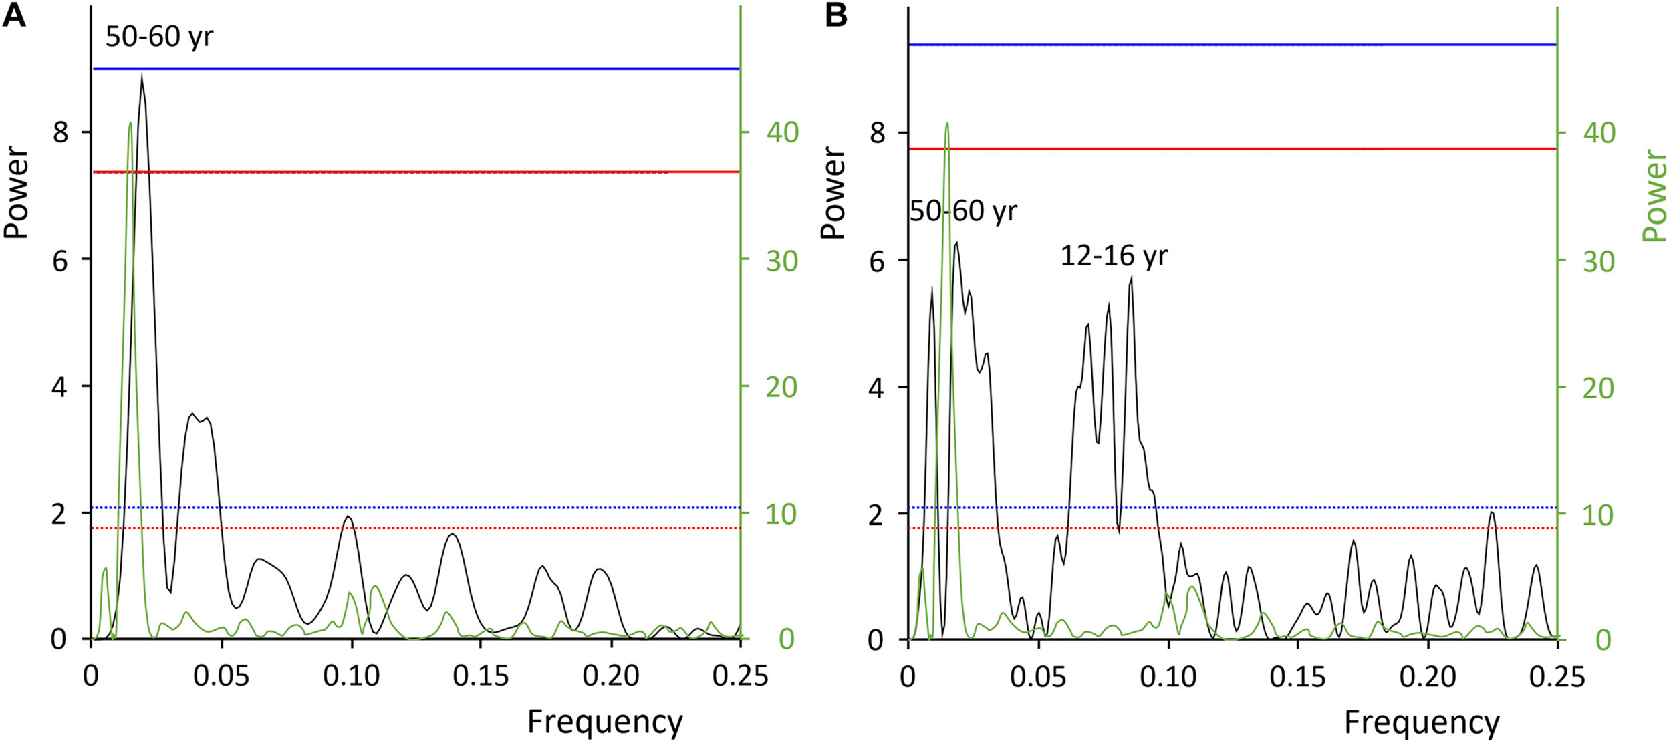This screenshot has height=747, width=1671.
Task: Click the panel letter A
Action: click(14, 15)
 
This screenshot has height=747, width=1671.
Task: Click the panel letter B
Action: click(837, 15)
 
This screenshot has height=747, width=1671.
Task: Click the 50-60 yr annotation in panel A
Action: click(159, 36)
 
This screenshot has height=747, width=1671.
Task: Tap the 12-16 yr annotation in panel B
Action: click(1114, 255)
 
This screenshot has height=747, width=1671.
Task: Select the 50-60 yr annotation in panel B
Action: click(963, 211)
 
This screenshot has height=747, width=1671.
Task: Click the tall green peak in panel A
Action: click(130, 124)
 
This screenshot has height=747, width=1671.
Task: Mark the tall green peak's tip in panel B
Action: click(946, 124)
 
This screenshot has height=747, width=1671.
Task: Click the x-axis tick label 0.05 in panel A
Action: click(221, 676)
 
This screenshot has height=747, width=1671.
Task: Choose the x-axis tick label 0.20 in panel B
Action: click(1428, 676)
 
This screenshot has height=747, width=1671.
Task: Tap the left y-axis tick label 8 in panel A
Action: click(60, 132)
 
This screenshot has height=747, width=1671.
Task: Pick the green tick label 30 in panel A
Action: click(781, 261)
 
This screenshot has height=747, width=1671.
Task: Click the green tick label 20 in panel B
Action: click(1599, 388)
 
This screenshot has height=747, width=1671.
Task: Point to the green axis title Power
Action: click(1654, 195)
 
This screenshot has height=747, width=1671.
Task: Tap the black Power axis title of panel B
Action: click(833, 192)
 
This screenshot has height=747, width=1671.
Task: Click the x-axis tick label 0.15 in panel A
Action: click(481, 676)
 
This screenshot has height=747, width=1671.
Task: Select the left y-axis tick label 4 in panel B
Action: click(877, 388)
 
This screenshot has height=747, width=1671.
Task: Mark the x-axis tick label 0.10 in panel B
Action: click(1168, 676)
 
